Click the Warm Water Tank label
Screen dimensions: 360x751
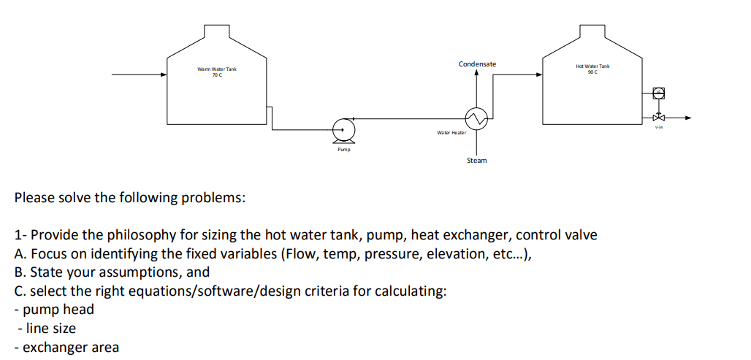click(x=217, y=69)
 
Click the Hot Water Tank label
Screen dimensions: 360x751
click(x=592, y=66)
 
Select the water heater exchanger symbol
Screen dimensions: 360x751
click(x=476, y=118)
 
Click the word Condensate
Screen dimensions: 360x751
click(x=477, y=64)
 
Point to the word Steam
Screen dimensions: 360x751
click(x=476, y=160)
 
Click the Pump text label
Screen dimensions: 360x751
click(x=343, y=149)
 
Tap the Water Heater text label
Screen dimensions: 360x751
click(x=451, y=132)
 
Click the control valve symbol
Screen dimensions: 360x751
click(x=659, y=117)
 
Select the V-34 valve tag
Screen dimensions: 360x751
click(x=659, y=127)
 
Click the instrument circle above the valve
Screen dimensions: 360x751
click(x=659, y=93)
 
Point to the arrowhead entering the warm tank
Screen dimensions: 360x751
click(x=164, y=74)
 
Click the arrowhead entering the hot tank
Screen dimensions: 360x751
click(x=539, y=74)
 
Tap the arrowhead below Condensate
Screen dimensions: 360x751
click(x=476, y=72)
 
